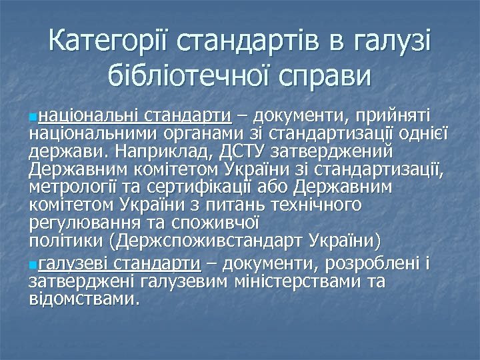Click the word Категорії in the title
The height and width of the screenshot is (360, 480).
tap(110, 43)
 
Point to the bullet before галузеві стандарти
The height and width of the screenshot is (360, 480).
tap(33, 265)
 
